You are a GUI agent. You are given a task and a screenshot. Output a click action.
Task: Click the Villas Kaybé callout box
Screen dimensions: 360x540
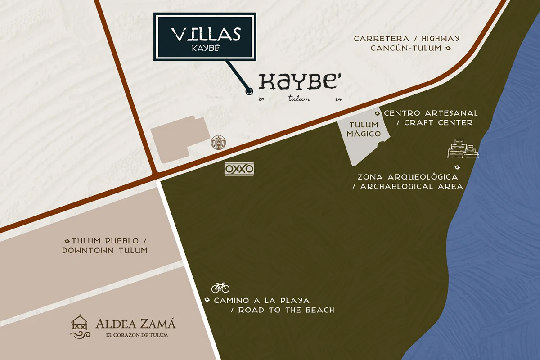point(205,36)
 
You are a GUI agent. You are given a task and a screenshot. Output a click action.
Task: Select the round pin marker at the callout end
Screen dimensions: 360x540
point(249,91)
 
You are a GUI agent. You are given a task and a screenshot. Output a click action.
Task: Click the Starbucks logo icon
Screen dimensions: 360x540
point(219,142)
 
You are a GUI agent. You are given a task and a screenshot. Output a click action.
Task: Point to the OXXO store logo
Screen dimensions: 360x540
point(239,169)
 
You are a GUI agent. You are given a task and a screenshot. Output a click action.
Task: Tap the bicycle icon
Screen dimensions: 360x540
point(220,287)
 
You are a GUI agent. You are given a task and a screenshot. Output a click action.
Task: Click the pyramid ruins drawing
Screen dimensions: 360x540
point(463,149)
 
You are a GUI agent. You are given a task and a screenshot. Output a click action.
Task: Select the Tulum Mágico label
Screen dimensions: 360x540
point(364,130)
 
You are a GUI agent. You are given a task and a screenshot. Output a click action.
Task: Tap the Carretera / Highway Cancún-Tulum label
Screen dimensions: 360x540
point(406,43)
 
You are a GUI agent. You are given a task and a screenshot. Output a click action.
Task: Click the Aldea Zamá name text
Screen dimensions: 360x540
point(135,324)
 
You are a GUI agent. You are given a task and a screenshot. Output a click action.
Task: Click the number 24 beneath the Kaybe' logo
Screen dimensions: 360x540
point(338,100)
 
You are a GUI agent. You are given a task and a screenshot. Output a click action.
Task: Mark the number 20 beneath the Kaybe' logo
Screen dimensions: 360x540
point(261,99)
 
